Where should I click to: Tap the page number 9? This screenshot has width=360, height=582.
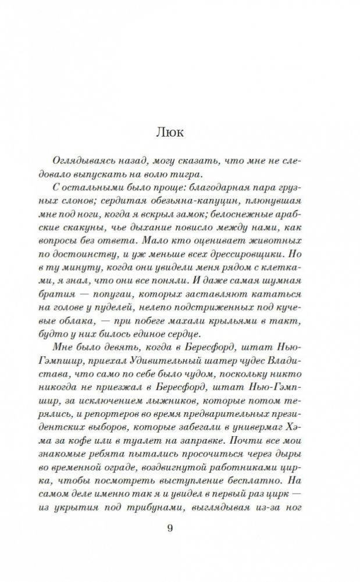pyautogui.click(x=180, y=527)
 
